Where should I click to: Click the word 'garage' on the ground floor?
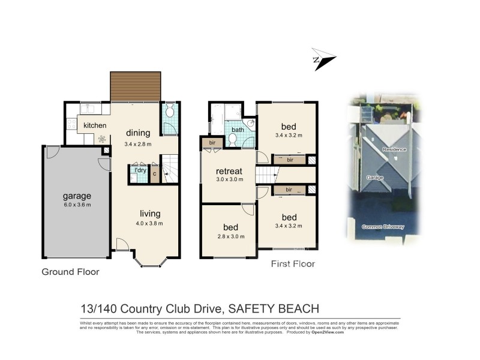pyautogui.click(x=77, y=196)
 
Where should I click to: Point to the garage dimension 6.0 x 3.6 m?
pyautogui.click(x=77, y=205)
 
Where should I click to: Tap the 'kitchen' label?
pyautogui.click(x=95, y=125)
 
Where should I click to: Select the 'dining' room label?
pyautogui.click(x=137, y=133)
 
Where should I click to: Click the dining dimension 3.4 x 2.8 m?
pyautogui.click(x=137, y=144)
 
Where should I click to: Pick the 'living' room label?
pyautogui.click(x=150, y=214)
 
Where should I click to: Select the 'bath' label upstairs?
pyautogui.click(x=238, y=130)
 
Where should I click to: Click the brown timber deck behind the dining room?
pyautogui.click(x=136, y=86)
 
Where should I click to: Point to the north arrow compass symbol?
pyautogui.click(x=323, y=59)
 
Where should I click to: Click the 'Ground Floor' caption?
pyautogui.click(x=70, y=272)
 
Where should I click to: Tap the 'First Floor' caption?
pyautogui.click(x=293, y=263)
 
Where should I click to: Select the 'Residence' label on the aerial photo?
pyautogui.click(x=395, y=149)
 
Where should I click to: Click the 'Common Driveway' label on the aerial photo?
pyautogui.click(x=384, y=227)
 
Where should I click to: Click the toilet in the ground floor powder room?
pyautogui.click(x=169, y=110)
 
